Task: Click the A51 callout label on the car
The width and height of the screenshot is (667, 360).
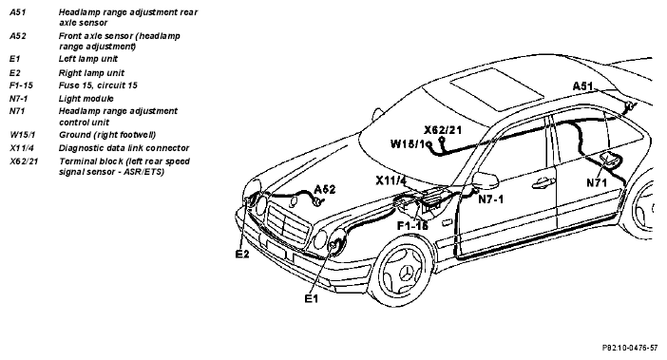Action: [x=582, y=86]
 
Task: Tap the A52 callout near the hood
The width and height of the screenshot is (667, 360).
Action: [x=325, y=189]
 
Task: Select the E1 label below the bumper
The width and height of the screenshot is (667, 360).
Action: [x=312, y=299]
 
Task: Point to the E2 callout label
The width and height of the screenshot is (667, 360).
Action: [x=242, y=255]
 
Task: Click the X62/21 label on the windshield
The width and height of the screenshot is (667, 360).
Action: [x=443, y=130]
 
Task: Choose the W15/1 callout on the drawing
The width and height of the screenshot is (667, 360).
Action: [x=408, y=144]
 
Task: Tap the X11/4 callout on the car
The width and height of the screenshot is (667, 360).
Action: [x=391, y=180]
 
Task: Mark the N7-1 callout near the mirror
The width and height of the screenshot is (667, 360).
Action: [x=491, y=199]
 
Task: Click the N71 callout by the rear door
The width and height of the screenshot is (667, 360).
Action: [x=597, y=182]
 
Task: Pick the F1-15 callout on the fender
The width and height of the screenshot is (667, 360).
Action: [x=412, y=225]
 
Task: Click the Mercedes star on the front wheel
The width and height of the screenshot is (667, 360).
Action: [x=408, y=273]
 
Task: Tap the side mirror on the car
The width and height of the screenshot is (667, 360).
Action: [x=486, y=180]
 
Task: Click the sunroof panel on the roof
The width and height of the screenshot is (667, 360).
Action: [x=496, y=89]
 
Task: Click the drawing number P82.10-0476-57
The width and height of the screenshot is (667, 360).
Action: [x=630, y=348]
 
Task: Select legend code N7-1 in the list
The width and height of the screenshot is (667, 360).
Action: [x=18, y=99]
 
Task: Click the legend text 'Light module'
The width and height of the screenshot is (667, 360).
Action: [x=86, y=99]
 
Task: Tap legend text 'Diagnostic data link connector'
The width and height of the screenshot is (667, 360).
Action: [x=124, y=148]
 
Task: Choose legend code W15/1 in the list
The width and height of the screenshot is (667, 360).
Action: [x=22, y=135]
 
